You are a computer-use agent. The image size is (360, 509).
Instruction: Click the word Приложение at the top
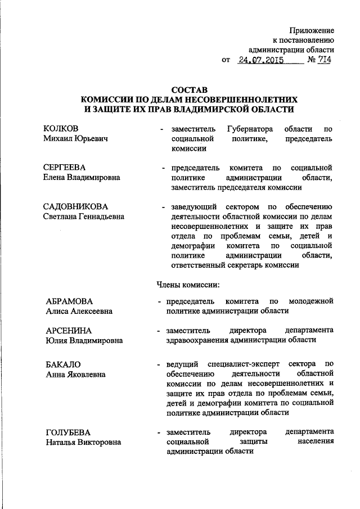pyautogui.click(x=312, y=29)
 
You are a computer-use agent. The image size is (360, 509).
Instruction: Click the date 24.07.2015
pyautogui.click(x=260, y=60)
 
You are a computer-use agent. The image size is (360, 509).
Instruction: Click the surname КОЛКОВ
pyautogui.click(x=61, y=129)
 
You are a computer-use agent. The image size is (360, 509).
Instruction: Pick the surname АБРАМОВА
pyautogui.click(x=69, y=301)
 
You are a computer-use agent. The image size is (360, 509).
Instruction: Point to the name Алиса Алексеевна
pyautogui.click(x=79, y=311)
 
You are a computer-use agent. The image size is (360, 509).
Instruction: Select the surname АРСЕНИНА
pyautogui.click(x=69, y=330)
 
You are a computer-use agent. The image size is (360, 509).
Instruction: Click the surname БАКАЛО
pyautogui.click(x=64, y=363)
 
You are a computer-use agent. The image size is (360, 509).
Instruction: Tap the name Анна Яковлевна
pyautogui.click(x=74, y=373)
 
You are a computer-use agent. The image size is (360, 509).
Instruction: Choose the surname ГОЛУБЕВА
pyautogui.click(x=69, y=432)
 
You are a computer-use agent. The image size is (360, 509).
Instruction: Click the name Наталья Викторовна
pyautogui.click(x=83, y=442)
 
